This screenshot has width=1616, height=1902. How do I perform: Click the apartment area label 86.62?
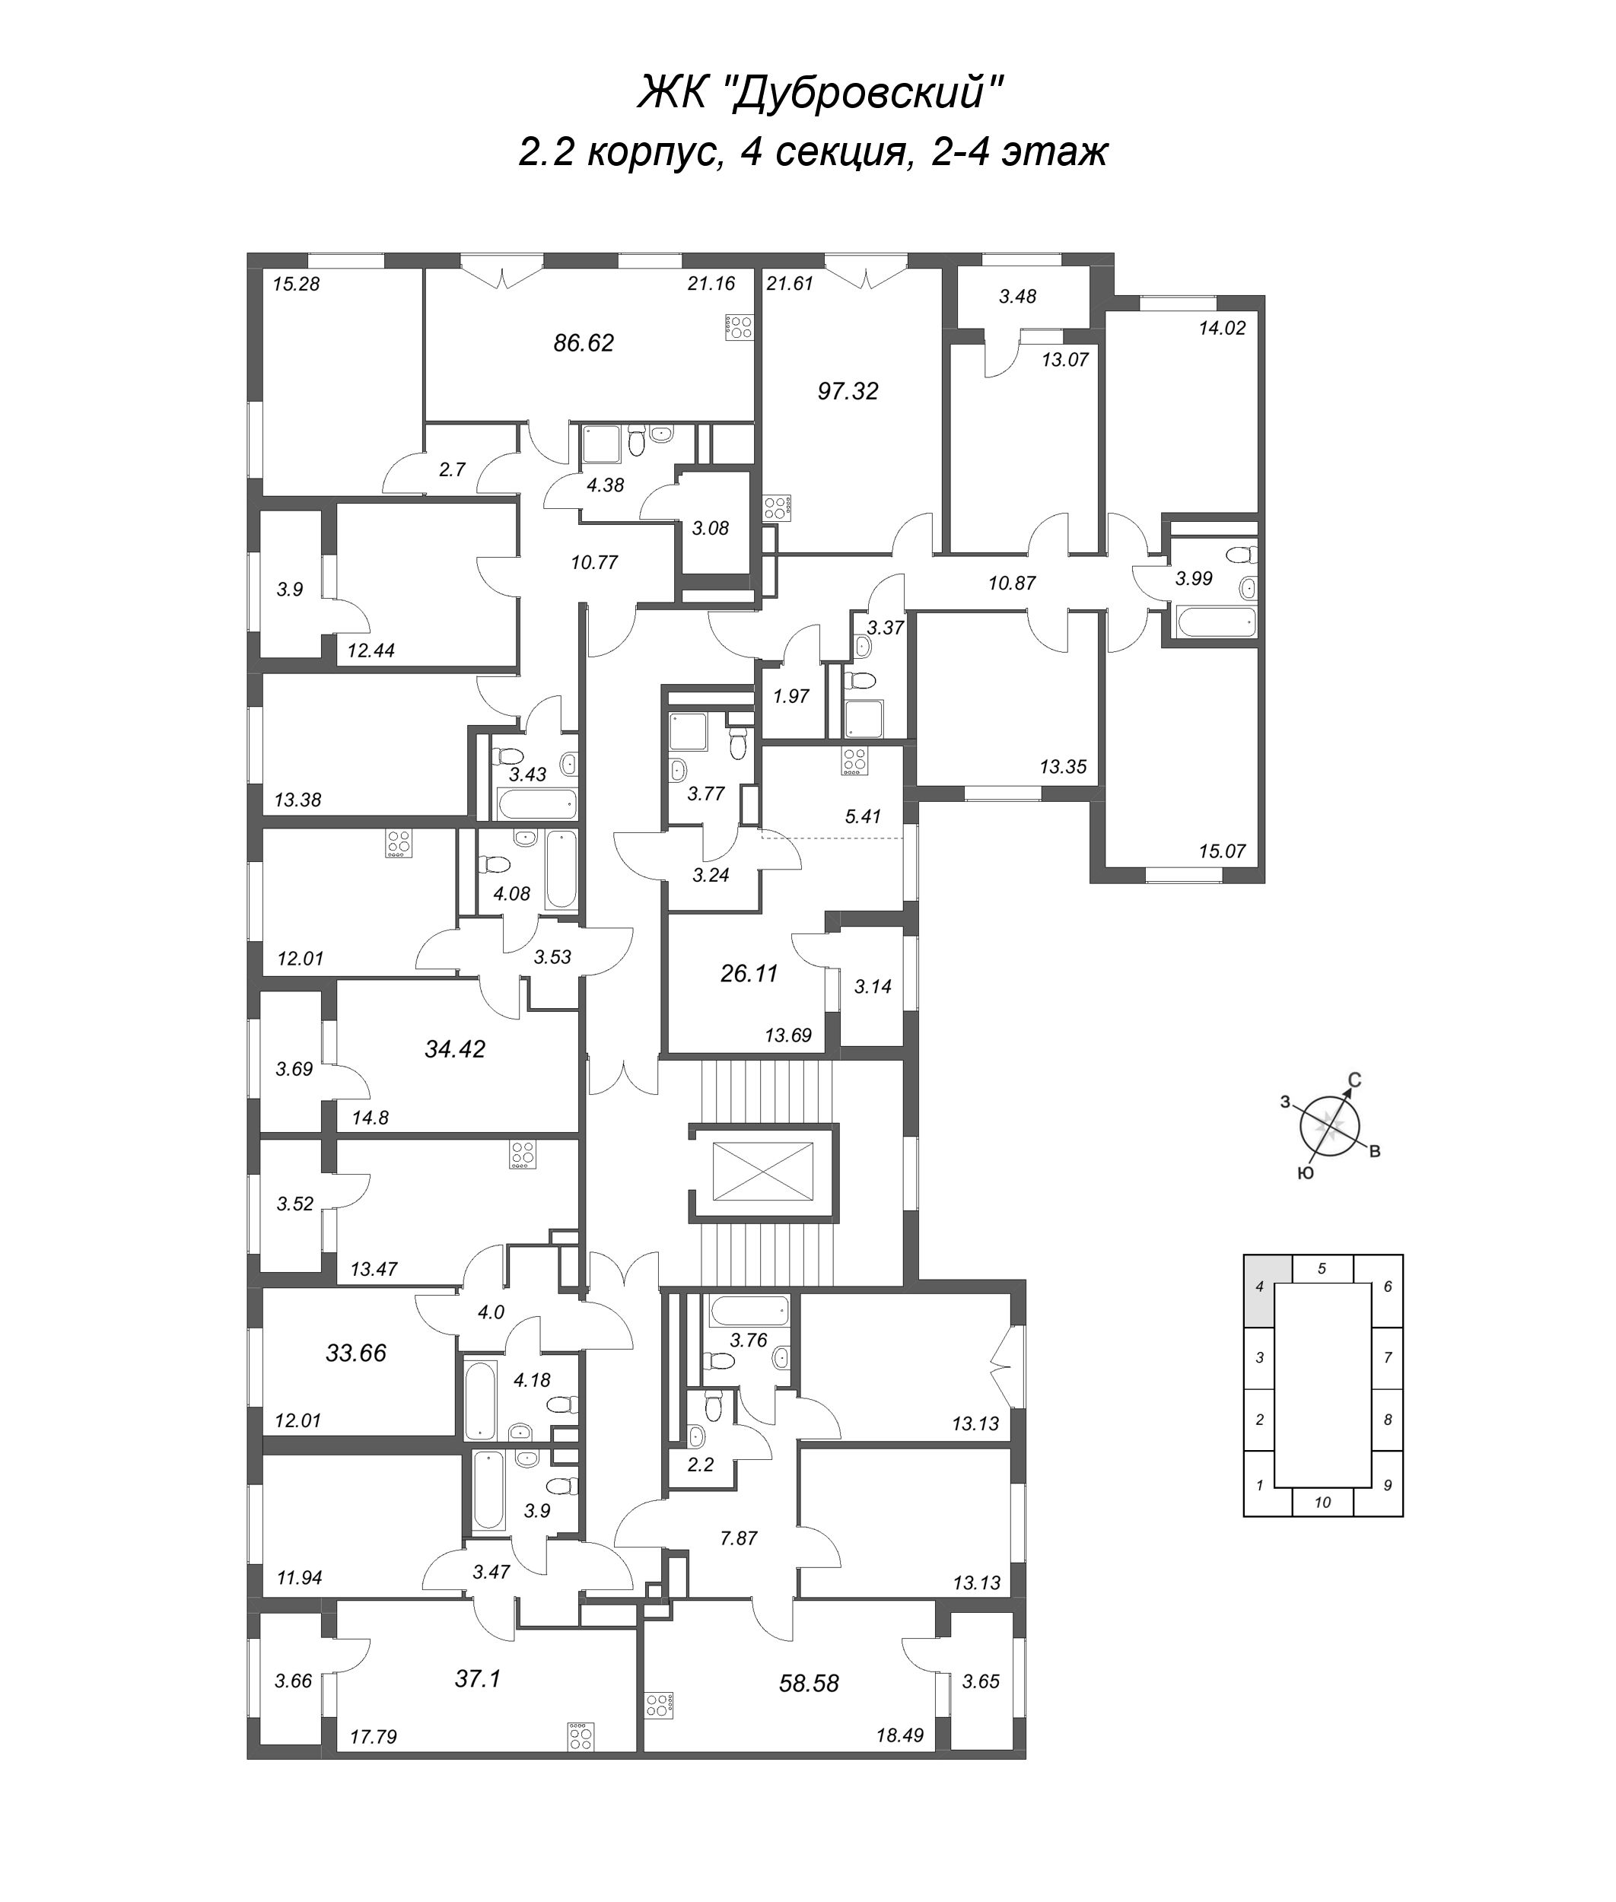584,344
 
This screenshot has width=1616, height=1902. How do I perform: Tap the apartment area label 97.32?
848,391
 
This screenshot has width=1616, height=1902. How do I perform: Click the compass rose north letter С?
1355,1080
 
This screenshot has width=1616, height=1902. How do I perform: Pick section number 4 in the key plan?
1260,1287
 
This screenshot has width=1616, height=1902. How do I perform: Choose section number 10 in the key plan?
1322,1503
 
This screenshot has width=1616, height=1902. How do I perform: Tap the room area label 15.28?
296,284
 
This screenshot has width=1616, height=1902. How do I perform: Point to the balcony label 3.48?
1017,296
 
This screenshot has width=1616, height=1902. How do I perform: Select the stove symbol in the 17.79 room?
579,1736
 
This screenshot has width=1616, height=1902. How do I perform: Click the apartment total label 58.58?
808,1683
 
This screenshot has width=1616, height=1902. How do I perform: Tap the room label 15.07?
1222,851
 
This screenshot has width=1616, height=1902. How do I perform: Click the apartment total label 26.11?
749,974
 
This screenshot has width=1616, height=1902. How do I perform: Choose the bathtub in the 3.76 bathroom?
749,1311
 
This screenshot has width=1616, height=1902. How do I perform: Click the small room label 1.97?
791,696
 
